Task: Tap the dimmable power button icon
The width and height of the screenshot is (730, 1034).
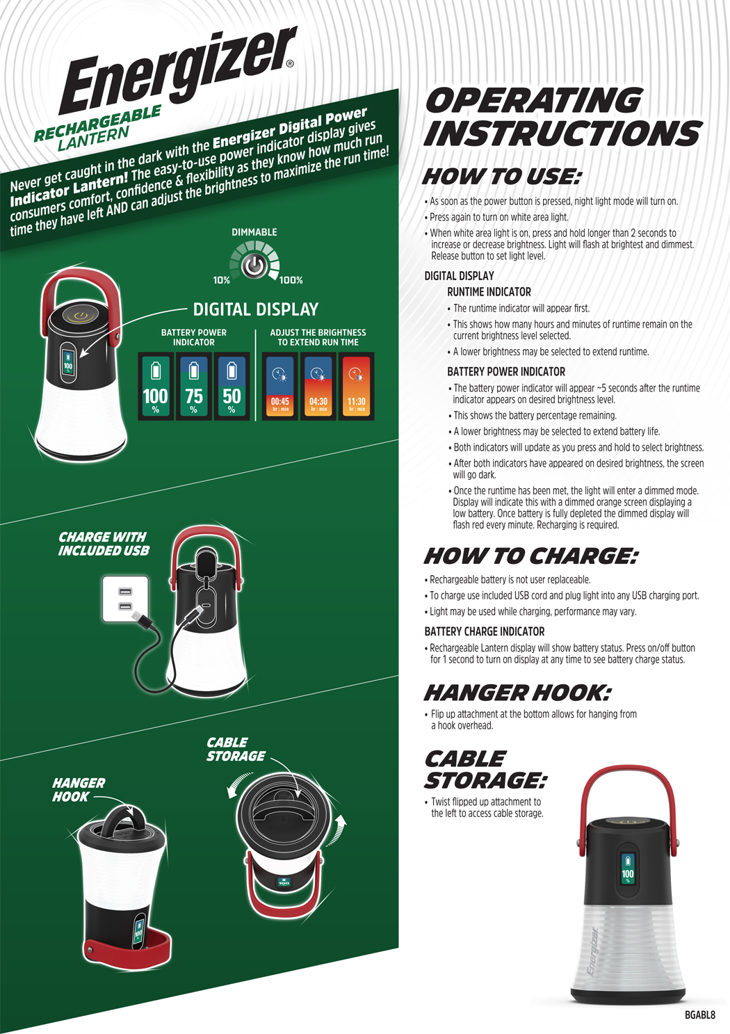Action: point(254,266)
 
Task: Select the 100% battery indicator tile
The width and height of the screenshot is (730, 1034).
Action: point(156,386)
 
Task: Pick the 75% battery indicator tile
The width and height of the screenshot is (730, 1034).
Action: point(194,386)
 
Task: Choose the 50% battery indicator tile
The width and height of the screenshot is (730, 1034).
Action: point(232,386)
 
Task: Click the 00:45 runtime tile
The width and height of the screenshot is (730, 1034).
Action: point(280,386)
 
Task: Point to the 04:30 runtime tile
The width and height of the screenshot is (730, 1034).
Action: point(318,386)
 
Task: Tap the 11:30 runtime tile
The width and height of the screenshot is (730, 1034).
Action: point(356,386)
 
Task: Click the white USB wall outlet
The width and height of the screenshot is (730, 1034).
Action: point(126,599)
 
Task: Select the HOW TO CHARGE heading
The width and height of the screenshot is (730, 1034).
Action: point(530,556)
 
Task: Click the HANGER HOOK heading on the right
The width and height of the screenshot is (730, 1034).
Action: point(517,693)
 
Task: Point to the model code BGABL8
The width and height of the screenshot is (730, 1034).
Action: point(700,1015)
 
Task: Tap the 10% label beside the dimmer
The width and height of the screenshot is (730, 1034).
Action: point(222,280)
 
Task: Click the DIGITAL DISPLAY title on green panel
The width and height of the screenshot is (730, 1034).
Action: point(256,309)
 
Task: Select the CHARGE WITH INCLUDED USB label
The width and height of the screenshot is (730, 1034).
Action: point(104,544)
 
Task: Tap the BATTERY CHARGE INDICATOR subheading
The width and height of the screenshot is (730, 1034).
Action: point(485,631)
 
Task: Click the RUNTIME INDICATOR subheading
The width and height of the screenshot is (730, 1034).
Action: point(489,292)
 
